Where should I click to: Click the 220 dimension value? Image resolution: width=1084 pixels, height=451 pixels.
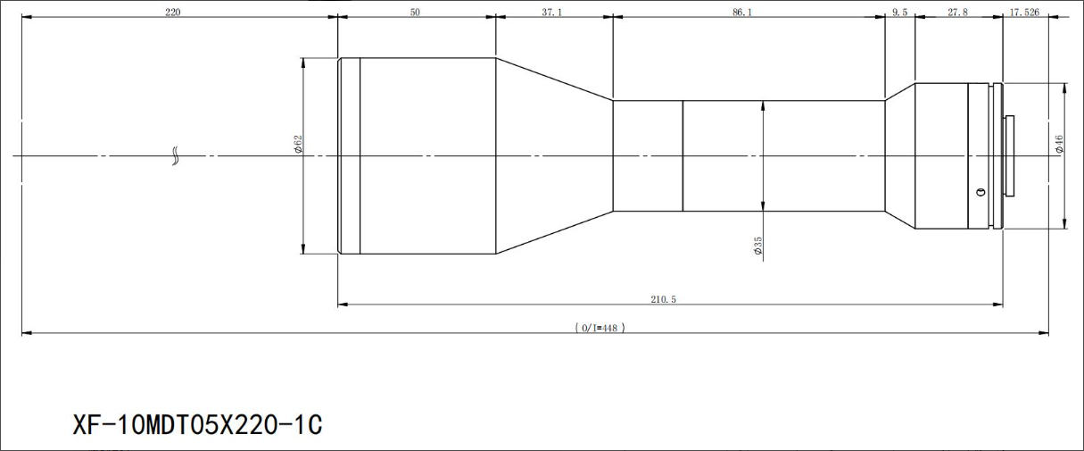173,13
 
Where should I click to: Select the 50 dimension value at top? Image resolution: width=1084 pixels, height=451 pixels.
415,13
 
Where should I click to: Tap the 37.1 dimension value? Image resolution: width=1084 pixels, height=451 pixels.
552,13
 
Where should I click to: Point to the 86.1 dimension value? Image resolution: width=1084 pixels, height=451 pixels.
742,13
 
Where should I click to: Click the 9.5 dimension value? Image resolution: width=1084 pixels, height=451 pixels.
900,13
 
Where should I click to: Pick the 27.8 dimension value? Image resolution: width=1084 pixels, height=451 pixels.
957,13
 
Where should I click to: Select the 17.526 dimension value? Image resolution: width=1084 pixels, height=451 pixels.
1024,13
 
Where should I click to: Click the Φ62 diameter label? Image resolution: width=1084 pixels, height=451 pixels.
298,144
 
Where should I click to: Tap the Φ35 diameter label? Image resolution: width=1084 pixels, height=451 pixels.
757,246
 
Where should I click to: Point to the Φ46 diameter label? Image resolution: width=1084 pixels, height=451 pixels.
1059,144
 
